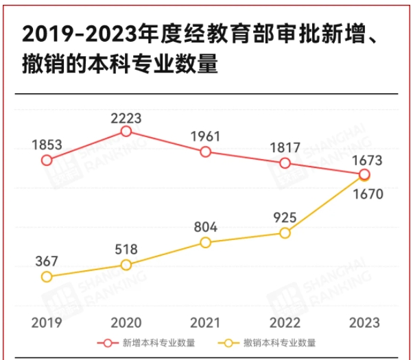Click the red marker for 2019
(x=47, y=160)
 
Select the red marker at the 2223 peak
(x=126, y=131)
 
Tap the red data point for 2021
(x=205, y=152)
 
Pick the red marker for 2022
(x=285, y=163)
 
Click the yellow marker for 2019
(x=47, y=277)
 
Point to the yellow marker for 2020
(x=126, y=265)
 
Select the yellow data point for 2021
(x=205, y=242)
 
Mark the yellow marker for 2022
(x=285, y=232)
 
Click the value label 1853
(x=47, y=145)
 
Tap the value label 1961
(x=205, y=136)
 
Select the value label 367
(x=47, y=261)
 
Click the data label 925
(x=285, y=217)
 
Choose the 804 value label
(x=205, y=227)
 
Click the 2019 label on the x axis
(x=47, y=322)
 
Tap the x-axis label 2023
(x=364, y=322)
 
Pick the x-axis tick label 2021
(x=205, y=322)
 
